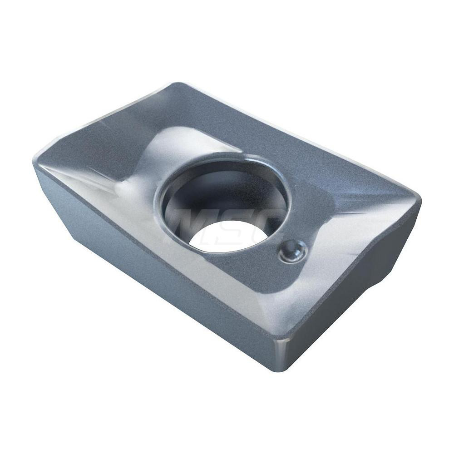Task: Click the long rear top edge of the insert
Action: coord(300,136)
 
